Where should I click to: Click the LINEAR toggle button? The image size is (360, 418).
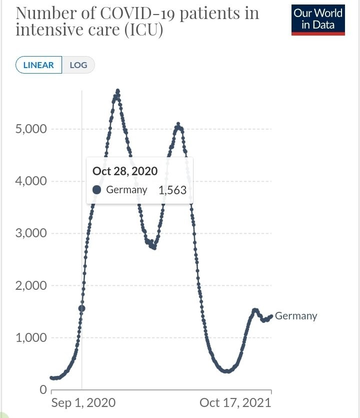click(x=38, y=65)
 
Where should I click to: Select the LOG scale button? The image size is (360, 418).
click(x=78, y=65)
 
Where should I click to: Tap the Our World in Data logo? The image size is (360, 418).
click(x=318, y=19)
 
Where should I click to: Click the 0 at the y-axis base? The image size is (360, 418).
click(x=43, y=389)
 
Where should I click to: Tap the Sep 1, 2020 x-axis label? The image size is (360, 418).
click(x=83, y=403)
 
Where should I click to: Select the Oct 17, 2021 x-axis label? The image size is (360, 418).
click(x=235, y=403)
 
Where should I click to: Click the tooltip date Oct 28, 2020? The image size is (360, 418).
click(x=125, y=171)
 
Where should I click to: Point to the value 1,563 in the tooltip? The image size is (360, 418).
click(x=172, y=190)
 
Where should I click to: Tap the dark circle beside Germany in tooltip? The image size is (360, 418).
click(x=97, y=190)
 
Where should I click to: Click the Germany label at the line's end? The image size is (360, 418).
click(x=296, y=316)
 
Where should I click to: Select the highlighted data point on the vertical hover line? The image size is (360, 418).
click(x=82, y=308)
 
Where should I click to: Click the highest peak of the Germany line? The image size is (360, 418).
click(x=117, y=91)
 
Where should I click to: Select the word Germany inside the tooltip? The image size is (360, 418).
click(x=126, y=190)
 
